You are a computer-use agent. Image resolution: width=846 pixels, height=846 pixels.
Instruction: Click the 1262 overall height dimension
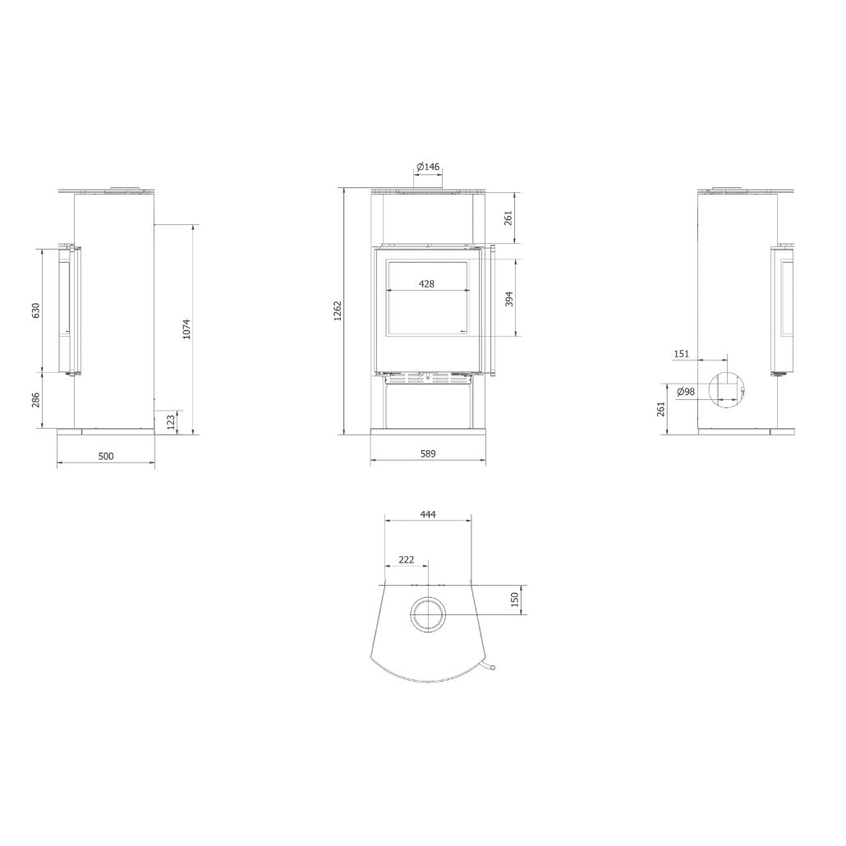pos(338,311)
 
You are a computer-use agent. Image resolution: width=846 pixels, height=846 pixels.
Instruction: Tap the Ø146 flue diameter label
pos(429,167)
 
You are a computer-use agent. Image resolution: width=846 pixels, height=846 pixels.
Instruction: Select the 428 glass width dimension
pos(426,283)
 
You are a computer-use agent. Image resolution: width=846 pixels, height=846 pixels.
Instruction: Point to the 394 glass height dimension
pos(508,298)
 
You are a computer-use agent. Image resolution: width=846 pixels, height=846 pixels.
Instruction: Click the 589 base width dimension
pos(428,453)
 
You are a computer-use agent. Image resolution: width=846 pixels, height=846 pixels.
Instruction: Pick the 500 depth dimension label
pos(105,456)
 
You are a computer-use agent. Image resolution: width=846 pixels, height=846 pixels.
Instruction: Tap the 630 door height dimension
pos(35,310)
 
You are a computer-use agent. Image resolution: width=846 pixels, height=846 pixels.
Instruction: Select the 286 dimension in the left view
pos(35,400)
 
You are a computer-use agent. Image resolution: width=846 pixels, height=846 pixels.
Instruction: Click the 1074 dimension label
pos(186,329)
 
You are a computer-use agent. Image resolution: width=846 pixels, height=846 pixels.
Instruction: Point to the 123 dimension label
pos(171,421)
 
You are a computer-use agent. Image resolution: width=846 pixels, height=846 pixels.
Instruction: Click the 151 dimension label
pos(681,354)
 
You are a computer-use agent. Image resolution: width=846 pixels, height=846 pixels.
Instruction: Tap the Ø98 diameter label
pos(686,392)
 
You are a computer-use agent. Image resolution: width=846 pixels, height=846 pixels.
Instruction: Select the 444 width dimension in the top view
pos(428,514)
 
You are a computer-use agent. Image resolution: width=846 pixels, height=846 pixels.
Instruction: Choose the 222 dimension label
pos(406,559)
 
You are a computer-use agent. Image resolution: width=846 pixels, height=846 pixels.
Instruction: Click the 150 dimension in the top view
pos(515,600)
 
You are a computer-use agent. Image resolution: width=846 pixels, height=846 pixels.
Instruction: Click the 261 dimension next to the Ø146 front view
pos(508,218)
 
